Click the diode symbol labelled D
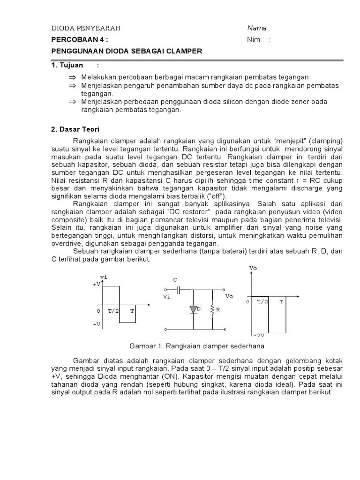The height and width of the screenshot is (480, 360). point(193,309)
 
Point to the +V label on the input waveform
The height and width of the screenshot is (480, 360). point(96,285)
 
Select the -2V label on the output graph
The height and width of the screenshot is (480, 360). point(259,336)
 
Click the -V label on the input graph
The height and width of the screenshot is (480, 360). point(96,324)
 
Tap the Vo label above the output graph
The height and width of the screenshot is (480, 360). point(253,268)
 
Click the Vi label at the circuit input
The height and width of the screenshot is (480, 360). point(167,297)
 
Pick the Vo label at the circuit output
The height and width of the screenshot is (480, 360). point(229,297)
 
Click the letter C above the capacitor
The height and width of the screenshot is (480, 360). point(175,280)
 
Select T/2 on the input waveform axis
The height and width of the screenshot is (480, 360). point(112,311)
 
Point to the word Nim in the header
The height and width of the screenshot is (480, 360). point(254,40)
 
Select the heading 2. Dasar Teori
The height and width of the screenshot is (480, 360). point(75,129)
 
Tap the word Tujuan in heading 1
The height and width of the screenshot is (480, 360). point(70,65)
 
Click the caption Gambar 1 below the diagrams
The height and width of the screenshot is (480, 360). point(197,346)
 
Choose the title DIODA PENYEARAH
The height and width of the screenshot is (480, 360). point(86,28)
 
